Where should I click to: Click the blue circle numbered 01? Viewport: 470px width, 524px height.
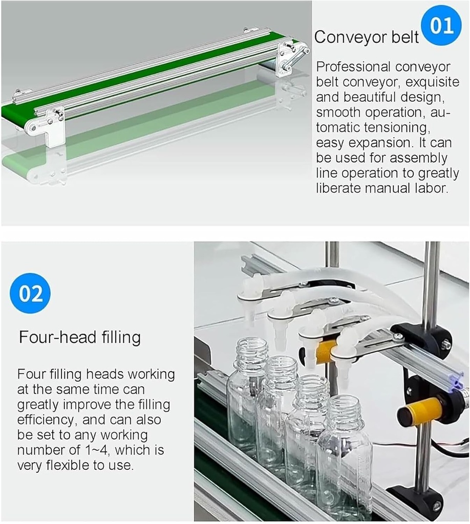coord(441,26)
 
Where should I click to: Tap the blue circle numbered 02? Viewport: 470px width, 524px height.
coord(30,293)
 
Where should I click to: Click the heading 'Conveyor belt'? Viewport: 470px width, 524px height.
coord(367,37)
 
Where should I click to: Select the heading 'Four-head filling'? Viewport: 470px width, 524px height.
coord(80,337)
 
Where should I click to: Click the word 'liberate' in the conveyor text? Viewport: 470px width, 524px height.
coord(338,188)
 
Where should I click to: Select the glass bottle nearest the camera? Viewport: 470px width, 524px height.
coord(344,455)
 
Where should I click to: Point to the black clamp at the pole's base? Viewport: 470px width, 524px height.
coord(423,502)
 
